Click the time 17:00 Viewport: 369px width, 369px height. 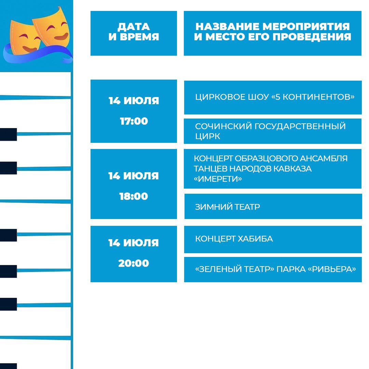[134, 121]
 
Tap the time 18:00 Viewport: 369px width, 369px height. [134, 196]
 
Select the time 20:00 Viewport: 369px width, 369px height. [134, 263]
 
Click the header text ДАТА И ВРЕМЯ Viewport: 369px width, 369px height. [134, 31]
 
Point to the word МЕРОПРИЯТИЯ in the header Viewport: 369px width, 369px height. [306, 27]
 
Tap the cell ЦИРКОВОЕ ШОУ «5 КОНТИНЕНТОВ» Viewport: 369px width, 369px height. [275, 97]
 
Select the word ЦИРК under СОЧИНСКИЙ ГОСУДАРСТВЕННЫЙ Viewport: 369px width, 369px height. [208, 136]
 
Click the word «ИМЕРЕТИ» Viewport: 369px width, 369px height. [218, 179]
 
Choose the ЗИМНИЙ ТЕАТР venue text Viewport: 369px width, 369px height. [227, 207]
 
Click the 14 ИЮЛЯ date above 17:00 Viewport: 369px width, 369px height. [134, 101]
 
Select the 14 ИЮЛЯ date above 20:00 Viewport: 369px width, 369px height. [134, 243]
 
